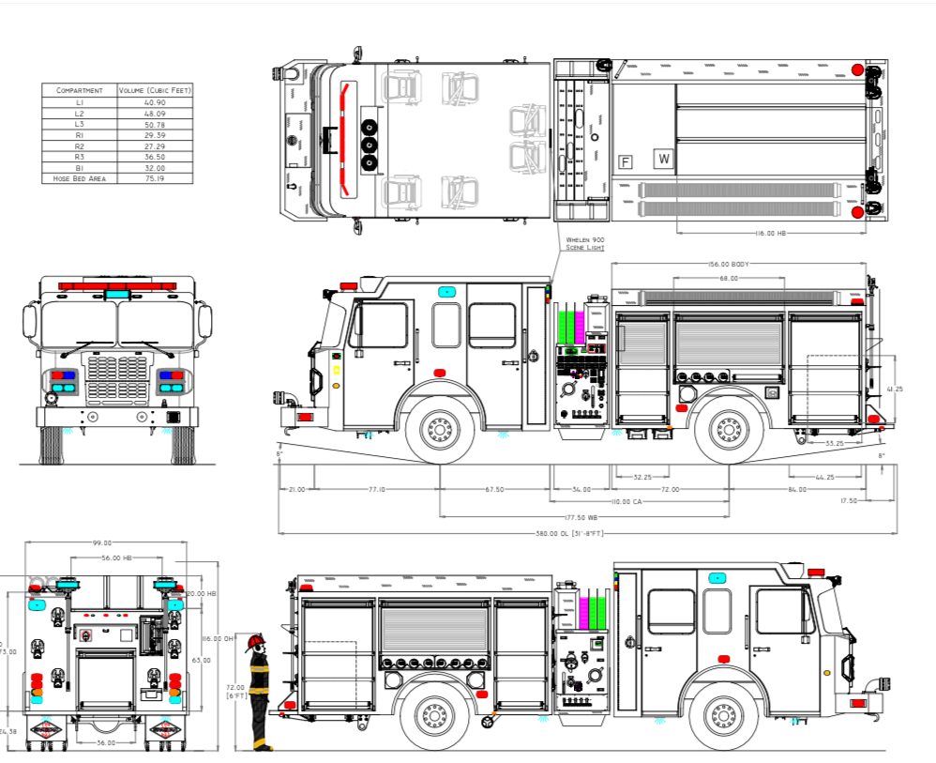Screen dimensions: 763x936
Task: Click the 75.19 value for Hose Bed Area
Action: (154, 178)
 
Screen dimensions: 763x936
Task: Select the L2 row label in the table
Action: (79, 113)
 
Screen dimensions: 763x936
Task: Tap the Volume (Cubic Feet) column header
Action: (154, 90)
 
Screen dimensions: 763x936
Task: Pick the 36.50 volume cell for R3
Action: (154, 157)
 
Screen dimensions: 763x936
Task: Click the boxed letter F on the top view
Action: (626, 161)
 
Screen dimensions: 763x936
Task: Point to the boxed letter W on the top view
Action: (664, 159)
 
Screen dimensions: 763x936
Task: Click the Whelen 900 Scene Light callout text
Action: (584, 244)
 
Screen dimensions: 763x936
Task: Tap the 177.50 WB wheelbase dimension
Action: (583, 516)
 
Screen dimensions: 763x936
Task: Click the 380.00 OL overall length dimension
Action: (583, 534)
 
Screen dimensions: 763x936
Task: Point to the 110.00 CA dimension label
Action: (627, 503)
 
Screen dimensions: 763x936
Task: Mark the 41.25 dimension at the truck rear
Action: (898, 388)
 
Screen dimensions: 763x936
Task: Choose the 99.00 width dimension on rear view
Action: (102, 542)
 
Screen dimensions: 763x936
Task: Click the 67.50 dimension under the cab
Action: (494, 489)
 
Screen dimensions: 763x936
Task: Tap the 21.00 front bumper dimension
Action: (296, 489)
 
